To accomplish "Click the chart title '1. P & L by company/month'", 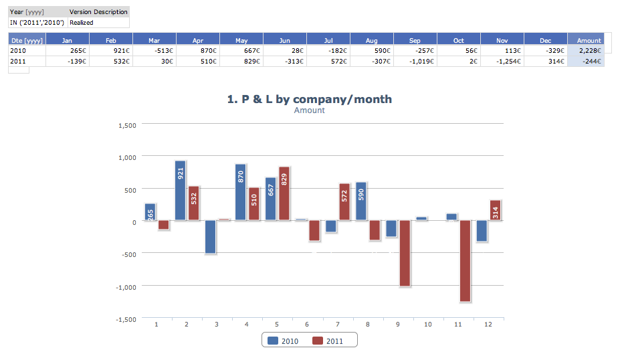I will pyautogui.click(x=310, y=99).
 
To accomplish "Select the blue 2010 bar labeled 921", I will pyautogui.click(x=181, y=191).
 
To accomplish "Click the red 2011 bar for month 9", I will pyautogui.click(x=405, y=254).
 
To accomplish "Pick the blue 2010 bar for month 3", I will pyautogui.click(x=211, y=237).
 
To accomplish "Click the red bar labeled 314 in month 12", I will pyautogui.click(x=495, y=210).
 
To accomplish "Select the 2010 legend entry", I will pyautogui.click(x=283, y=341).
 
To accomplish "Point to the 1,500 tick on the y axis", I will pyautogui.click(x=127, y=125).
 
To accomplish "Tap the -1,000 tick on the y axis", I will pyautogui.click(x=126, y=286).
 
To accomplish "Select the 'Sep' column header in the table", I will pyautogui.click(x=415, y=40).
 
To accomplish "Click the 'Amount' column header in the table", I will pyautogui.click(x=589, y=40).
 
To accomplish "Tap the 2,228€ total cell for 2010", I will pyautogui.click(x=589, y=50).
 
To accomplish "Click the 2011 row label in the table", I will pyautogui.click(x=18, y=61).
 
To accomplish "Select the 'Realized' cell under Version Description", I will pyautogui.click(x=82, y=22).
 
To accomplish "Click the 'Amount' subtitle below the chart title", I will pyautogui.click(x=310, y=110).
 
